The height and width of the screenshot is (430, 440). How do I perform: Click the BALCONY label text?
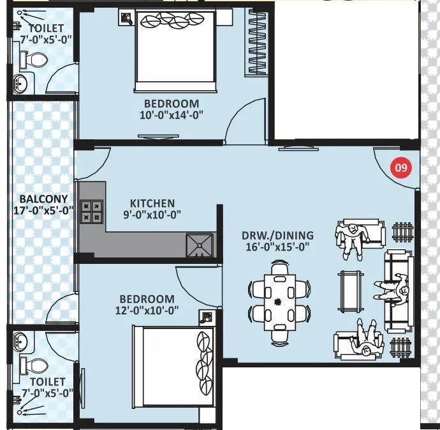pos(40,198)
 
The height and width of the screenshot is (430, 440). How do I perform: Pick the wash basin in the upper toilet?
pos(22,82)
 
